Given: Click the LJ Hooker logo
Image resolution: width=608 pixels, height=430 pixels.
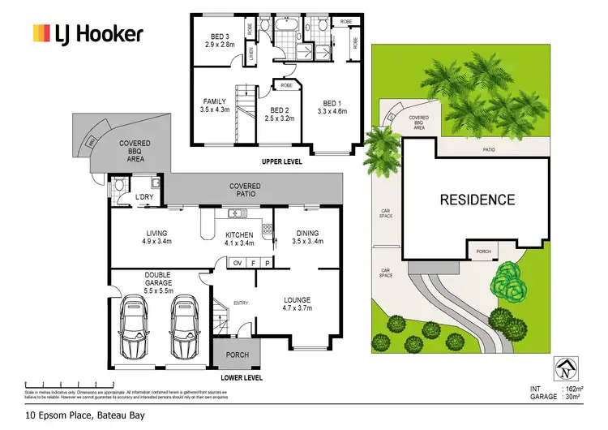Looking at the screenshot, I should tap(87, 33).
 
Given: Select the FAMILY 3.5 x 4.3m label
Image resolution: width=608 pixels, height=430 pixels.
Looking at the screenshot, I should tap(216, 106).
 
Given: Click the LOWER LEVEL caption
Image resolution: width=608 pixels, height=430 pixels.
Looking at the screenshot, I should tap(242, 377).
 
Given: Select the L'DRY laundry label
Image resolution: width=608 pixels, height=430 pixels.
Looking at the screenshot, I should tap(144, 197).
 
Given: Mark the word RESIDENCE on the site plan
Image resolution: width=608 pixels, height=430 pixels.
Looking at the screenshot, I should tap(477, 200).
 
